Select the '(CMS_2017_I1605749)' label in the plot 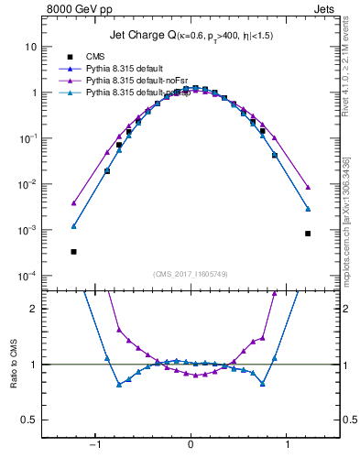pyautogui.click(x=191, y=273)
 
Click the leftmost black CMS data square pyautogui.click(x=73, y=251)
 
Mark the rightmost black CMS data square pyautogui.click(x=308, y=234)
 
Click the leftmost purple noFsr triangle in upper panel pyautogui.click(x=73, y=203)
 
